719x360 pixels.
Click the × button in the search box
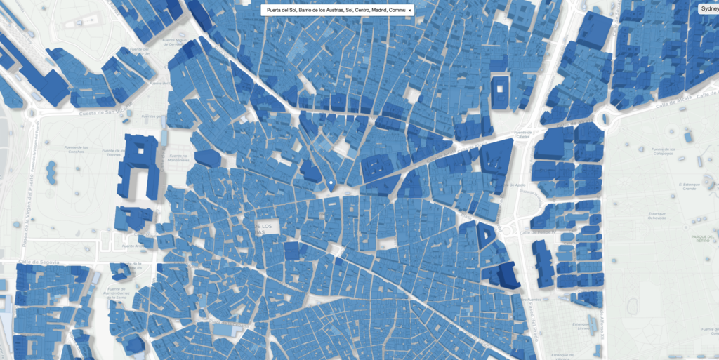[409, 11]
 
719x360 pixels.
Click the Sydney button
[707, 8]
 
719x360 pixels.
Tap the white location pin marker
[329, 185]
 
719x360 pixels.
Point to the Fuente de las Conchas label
[75, 149]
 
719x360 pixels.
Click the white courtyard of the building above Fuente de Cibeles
[500, 88]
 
